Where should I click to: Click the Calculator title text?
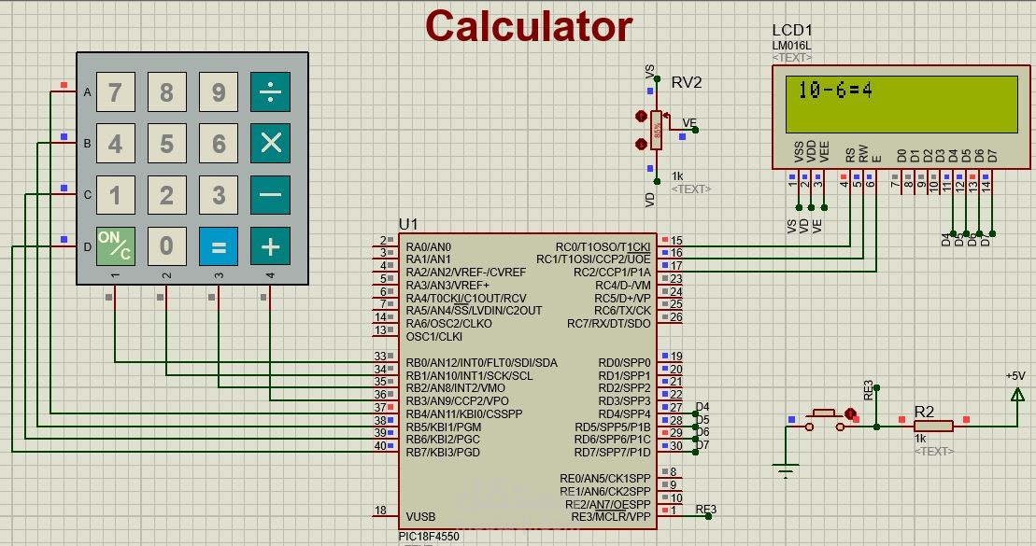tap(529, 26)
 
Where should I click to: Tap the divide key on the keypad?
tap(270, 91)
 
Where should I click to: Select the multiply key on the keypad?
tap(270, 143)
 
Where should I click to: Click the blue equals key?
tap(219, 246)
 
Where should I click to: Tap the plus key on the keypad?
tap(270, 246)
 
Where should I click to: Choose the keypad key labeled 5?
tap(166, 143)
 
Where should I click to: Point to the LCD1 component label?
tap(792, 31)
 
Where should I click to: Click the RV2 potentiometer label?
tap(687, 82)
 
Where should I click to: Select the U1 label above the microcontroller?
tap(408, 224)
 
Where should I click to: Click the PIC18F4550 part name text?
tap(429, 537)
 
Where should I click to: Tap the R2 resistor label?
tap(924, 412)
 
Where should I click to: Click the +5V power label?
tap(1015, 375)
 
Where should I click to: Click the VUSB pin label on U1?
tap(420, 516)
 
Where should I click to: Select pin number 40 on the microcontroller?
tap(380, 445)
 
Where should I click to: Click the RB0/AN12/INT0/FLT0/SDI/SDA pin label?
tap(481, 362)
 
